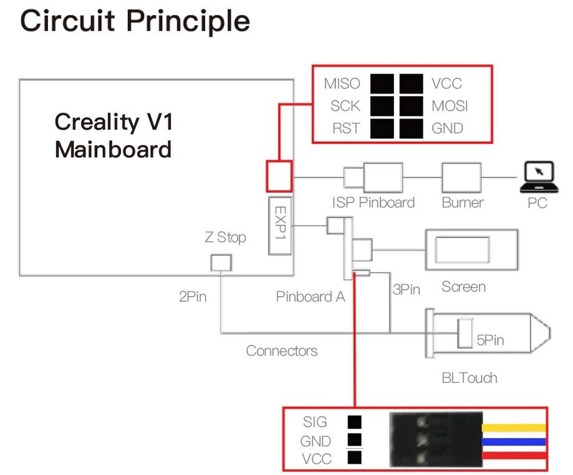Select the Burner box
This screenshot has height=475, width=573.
pyautogui.click(x=461, y=178)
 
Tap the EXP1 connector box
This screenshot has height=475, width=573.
pyautogui.click(x=280, y=226)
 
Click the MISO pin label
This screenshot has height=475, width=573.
pyautogui.click(x=342, y=84)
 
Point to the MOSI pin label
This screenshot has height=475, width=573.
pyautogui.click(x=450, y=106)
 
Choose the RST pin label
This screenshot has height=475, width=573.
pyautogui.click(x=345, y=128)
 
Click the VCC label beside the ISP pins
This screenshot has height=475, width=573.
pyautogui.click(x=446, y=84)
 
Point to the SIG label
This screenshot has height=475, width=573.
pyautogui.click(x=315, y=422)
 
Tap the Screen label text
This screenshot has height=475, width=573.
pyautogui.click(x=463, y=287)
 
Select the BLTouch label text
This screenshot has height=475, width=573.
pyautogui.click(x=469, y=377)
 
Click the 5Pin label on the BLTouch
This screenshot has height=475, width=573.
pyautogui.click(x=490, y=340)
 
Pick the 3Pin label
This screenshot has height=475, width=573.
pyautogui.click(x=406, y=290)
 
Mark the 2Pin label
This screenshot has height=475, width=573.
pyautogui.click(x=192, y=297)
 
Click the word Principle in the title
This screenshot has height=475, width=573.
pyautogui.click(x=188, y=21)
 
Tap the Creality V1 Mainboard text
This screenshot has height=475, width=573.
pyautogui.click(x=113, y=135)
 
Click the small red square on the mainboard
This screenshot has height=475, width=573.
pyautogui.click(x=279, y=176)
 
